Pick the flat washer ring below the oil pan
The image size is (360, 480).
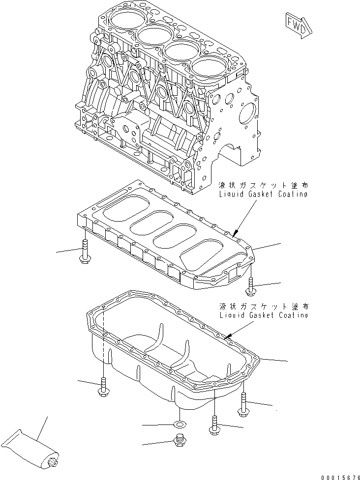pos(180,423)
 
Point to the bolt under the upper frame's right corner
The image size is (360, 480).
pos(251,286)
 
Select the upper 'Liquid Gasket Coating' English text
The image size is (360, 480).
pos(265,194)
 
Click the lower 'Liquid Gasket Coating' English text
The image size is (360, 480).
pos(265,315)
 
